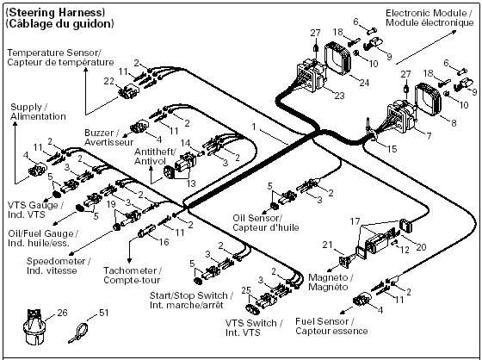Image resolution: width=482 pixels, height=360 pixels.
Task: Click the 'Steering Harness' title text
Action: (x=56, y=13)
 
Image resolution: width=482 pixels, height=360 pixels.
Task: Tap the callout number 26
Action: (x=62, y=313)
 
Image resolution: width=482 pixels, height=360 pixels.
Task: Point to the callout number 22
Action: (x=108, y=81)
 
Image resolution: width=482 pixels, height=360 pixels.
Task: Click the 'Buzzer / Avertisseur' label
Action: (x=108, y=137)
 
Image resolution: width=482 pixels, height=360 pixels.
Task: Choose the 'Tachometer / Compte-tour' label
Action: (x=133, y=275)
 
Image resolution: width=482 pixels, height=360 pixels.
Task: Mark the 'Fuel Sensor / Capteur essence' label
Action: (x=331, y=326)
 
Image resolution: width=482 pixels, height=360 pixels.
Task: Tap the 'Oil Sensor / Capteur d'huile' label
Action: (x=266, y=223)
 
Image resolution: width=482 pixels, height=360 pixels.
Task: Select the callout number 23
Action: (x=339, y=96)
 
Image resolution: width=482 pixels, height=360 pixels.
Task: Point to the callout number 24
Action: (x=364, y=83)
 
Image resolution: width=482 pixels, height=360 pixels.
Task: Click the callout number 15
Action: (x=392, y=149)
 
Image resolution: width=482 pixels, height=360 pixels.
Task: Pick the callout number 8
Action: (x=454, y=123)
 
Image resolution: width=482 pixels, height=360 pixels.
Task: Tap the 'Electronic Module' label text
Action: (x=429, y=13)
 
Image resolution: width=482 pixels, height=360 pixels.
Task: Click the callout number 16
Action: (x=164, y=242)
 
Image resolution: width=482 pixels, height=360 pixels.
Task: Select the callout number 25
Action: (x=246, y=290)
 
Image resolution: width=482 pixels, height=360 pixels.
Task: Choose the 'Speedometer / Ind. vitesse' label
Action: (x=59, y=266)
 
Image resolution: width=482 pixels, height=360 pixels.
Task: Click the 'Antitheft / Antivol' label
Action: (x=155, y=156)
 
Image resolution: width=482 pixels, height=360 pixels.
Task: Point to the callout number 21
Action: (x=327, y=245)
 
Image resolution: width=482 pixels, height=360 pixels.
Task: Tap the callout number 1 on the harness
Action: (x=254, y=127)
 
